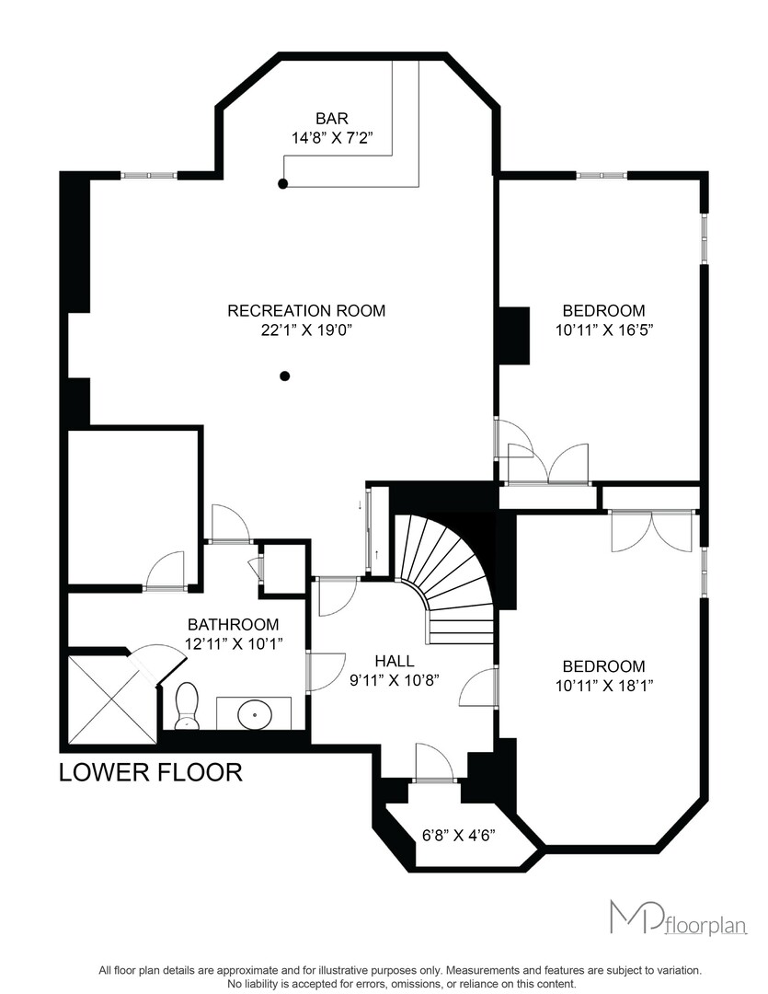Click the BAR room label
click(x=332, y=119)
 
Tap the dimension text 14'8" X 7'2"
click(x=331, y=138)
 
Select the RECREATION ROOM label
click(x=306, y=311)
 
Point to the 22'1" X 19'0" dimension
click(x=306, y=330)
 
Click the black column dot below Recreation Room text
click(x=285, y=376)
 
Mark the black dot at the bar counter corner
click(x=283, y=184)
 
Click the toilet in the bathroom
click(x=187, y=706)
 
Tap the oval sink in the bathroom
click(x=255, y=714)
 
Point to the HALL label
click(x=395, y=661)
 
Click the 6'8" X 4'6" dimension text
click(x=459, y=834)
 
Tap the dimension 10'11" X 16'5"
click(x=604, y=330)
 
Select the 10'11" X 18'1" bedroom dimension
click(x=604, y=686)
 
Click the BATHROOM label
click(x=234, y=624)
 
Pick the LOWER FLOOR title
click(x=151, y=772)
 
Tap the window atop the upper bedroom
click(x=602, y=175)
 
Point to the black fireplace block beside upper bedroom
click(x=514, y=335)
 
